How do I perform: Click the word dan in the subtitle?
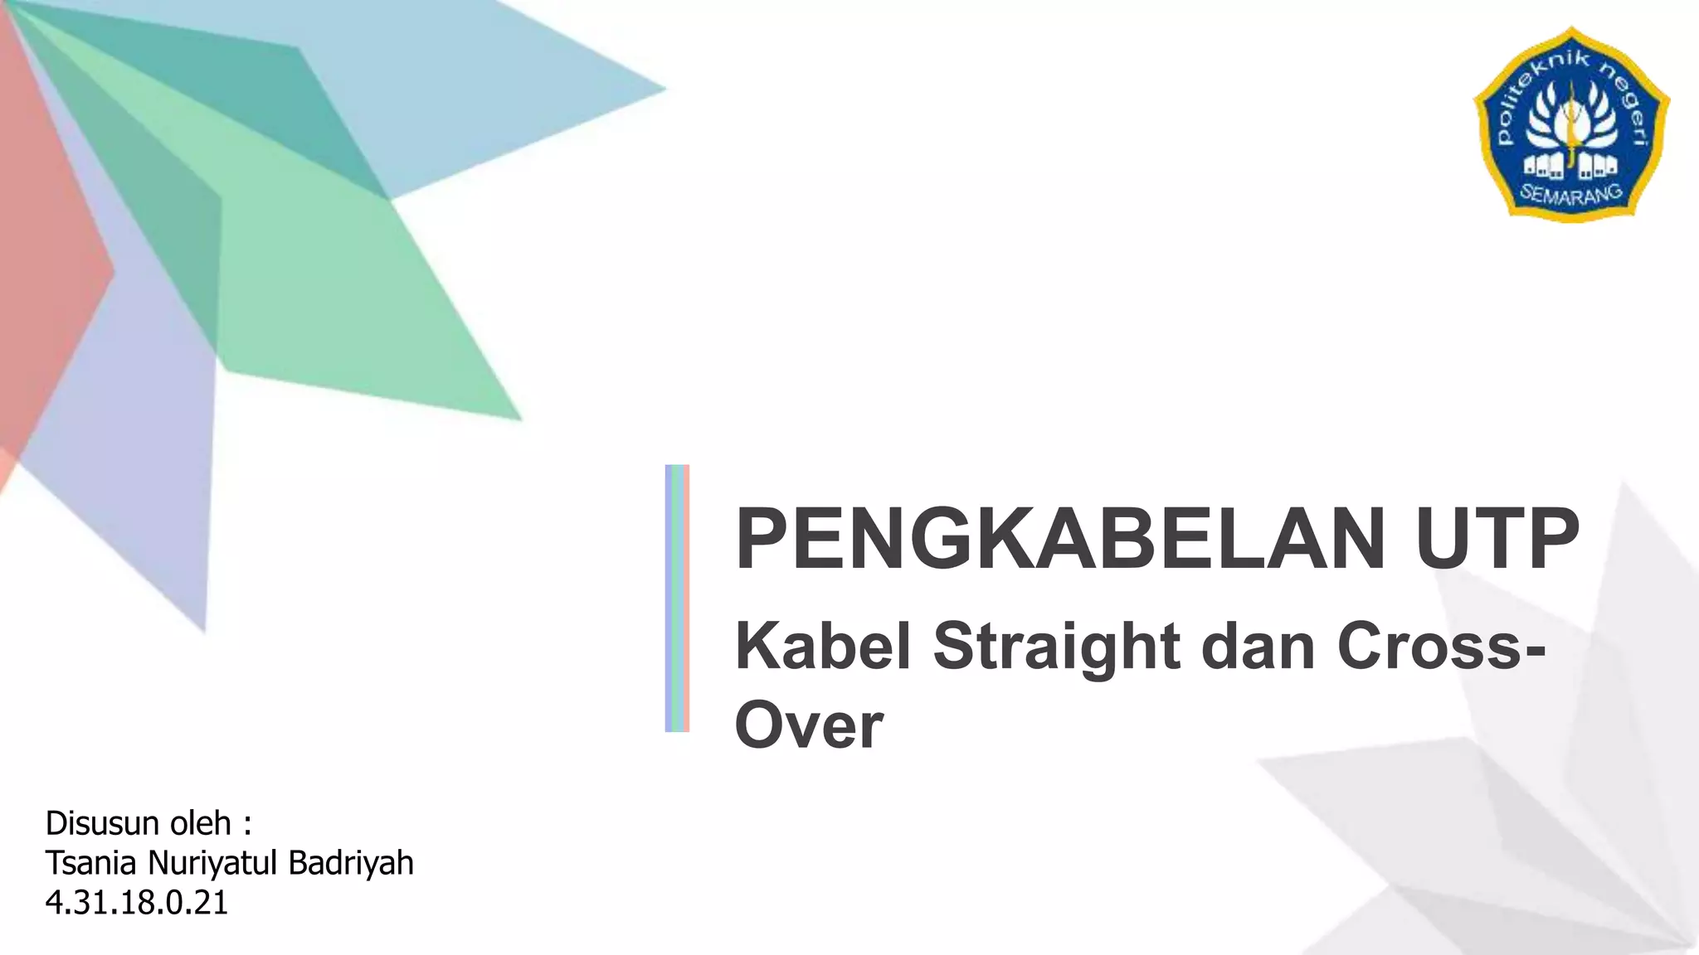tap(1258, 647)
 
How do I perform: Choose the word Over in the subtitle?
tap(809, 726)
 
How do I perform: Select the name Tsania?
tap(91, 863)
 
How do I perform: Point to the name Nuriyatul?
tap(212, 863)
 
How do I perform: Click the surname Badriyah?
tap(351, 863)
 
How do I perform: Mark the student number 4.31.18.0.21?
tap(137, 903)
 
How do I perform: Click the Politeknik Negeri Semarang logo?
tap(1571, 124)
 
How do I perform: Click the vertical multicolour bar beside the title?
tap(677, 598)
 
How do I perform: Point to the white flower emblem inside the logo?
tap(1571, 124)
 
